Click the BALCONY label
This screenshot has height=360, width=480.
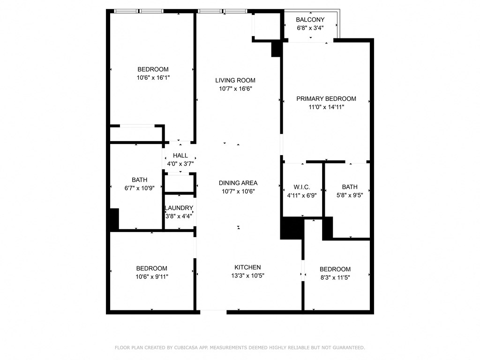pyautogui.click(x=310, y=20)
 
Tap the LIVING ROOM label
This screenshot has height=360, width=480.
pyautogui.click(x=235, y=81)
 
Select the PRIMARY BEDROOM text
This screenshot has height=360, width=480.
pyautogui.click(x=326, y=98)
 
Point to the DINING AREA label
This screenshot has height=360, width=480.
pyautogui.click(x=238, y=183)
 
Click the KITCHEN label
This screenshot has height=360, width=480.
pyautogui.click(x=247, y=267)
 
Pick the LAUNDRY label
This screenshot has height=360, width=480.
pyautogui.click(x=179, y=208)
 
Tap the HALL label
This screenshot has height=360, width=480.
pyautogui.click(x=180, y=156)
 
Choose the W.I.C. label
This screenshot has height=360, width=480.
pyautogui.click(x=302, y=187)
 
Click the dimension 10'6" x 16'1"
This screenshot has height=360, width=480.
pyautogui.click(x=153, y=78)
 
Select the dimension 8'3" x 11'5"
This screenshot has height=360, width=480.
pyautogui.click(x=335, y=277)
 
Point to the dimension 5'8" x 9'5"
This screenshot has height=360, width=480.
pyautogui.click(x=350, y=195)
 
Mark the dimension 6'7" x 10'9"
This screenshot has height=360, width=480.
pyautogui.click(x=139, y=188)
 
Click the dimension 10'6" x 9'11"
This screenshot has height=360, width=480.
pyautogui.click(x=152, y=277)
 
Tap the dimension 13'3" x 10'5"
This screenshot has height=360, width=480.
pyautogui.click(x=247, y=276)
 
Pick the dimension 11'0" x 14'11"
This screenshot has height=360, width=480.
pyautogui.click(x=326, y=107)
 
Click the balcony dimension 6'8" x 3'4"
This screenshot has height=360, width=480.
pyautogui.click(x=310, y=28)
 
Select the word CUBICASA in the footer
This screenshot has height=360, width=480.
pyautogui.click(x=185, y=347)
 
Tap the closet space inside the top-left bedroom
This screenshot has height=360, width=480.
pyautogui.click(x=136, y=134)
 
